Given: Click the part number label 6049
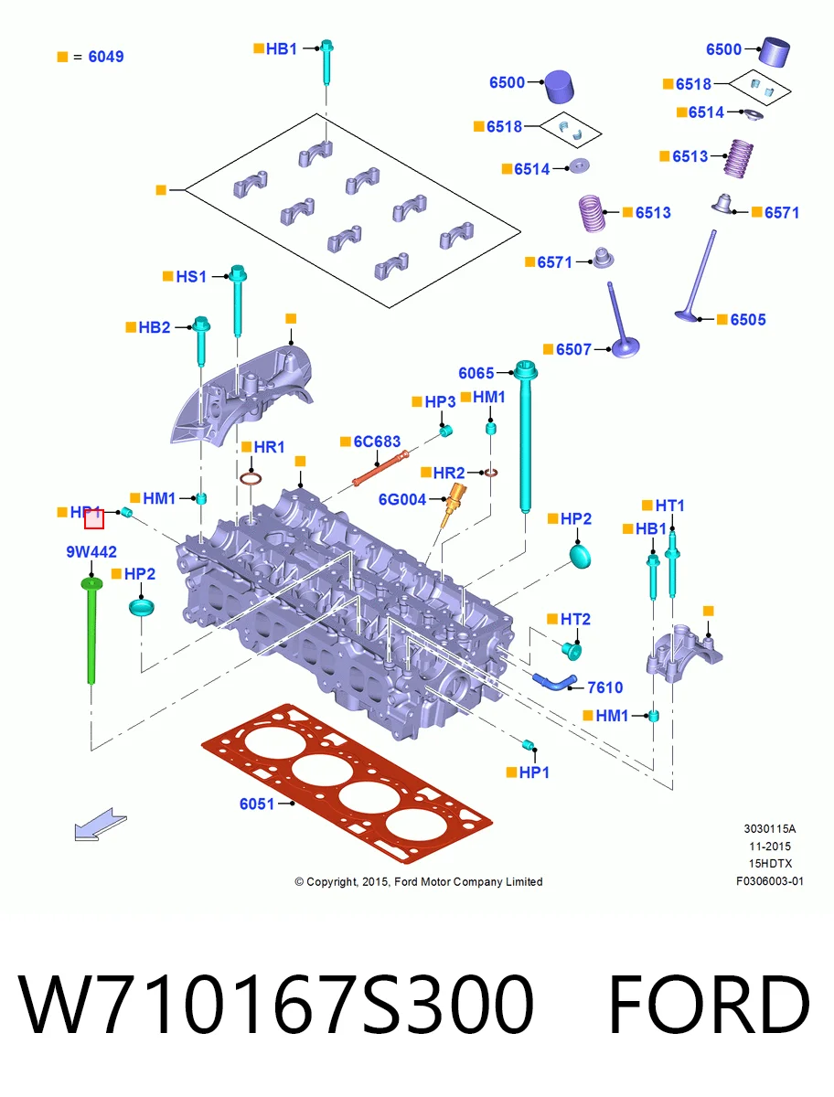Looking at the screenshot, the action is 106,57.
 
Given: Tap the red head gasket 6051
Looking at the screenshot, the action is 347,783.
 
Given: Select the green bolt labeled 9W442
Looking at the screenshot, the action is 91,630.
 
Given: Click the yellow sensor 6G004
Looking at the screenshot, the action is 453,505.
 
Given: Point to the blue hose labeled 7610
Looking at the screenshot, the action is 553,682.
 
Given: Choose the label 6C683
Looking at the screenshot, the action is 377,442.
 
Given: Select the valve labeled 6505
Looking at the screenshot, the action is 696,276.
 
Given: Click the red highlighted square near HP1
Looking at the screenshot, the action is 94,519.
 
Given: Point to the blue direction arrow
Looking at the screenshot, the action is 101,825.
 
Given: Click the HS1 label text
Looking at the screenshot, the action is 191,276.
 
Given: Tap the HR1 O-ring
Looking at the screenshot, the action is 251,479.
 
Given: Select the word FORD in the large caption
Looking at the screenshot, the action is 709,1004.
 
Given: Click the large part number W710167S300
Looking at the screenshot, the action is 276,1004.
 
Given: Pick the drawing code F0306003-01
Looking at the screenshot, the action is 770,881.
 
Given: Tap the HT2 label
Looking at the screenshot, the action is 575,619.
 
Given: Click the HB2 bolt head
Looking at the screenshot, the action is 201,324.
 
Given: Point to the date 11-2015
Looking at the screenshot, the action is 770,847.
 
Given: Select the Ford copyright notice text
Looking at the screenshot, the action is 419,881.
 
